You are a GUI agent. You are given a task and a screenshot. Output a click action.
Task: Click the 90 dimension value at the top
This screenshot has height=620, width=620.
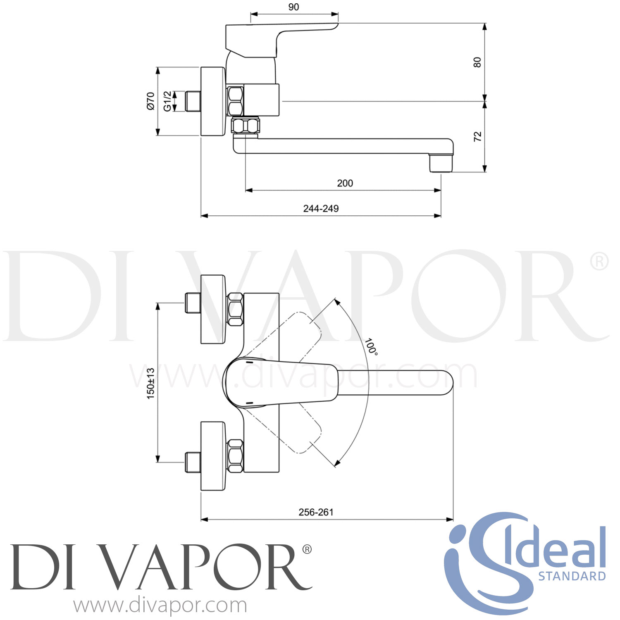[293, 7]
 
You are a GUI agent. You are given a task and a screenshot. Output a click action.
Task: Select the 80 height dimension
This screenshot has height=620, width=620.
[477, 62]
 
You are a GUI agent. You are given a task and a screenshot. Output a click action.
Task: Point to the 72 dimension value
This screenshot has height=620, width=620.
[477, 136]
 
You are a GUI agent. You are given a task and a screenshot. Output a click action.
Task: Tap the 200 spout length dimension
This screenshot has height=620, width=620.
[345, 183]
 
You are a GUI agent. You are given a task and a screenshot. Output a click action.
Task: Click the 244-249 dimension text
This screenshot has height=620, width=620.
[321, 209]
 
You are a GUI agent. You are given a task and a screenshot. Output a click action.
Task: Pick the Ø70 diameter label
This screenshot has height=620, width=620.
[150, 101]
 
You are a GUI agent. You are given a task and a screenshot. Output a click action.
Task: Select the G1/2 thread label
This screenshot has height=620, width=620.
[167, 101]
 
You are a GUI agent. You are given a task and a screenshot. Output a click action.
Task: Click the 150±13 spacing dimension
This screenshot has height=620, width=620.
[150, 383]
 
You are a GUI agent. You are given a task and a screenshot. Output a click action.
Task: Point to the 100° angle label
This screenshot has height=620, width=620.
[371, 346]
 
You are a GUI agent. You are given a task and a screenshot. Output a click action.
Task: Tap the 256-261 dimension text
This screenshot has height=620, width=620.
[316, 512]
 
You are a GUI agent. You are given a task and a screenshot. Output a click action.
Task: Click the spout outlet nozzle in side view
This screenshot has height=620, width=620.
[441, 163]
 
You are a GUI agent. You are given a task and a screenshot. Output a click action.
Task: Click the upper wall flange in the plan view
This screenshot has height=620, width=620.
[213, 309]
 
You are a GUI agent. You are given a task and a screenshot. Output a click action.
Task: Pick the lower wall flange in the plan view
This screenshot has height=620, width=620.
[213, 456]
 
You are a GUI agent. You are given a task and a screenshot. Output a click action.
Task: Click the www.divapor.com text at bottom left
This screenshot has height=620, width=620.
[160, 606]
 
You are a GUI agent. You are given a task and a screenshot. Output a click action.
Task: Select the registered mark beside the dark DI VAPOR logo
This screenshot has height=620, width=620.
[307, 549]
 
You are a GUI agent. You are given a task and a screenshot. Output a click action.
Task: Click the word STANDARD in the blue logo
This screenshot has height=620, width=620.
[572, 576]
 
